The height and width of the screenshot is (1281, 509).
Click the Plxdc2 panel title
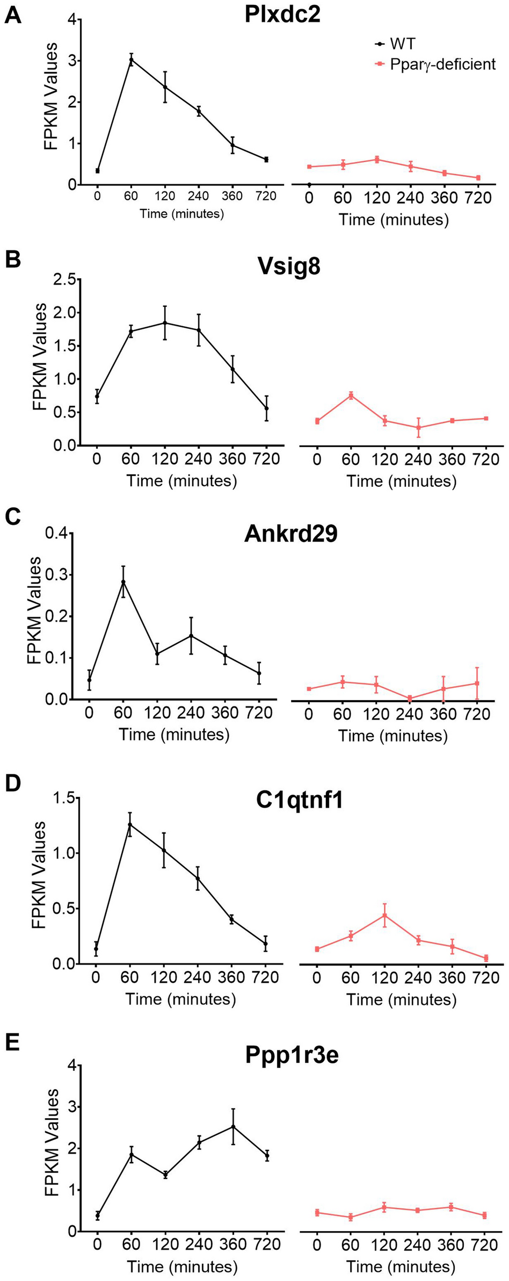pos(282,15)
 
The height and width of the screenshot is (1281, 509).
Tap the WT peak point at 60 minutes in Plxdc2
pos(131,60)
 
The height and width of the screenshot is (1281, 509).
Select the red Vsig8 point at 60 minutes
pos(351,395)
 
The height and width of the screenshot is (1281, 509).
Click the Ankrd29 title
pos(290,534)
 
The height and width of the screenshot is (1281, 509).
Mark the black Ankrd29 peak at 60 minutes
pos(123,582)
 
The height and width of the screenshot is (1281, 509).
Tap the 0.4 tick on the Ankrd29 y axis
pos(59,534)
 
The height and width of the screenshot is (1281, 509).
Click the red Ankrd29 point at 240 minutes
pos(410,698)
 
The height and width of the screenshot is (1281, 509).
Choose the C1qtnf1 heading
pos(299,800)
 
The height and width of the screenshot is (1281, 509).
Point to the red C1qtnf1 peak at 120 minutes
pos(384,915)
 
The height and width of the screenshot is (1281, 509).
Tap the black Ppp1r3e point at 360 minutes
pos(233,1126)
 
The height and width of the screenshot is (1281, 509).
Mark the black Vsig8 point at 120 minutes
pos(165,323)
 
